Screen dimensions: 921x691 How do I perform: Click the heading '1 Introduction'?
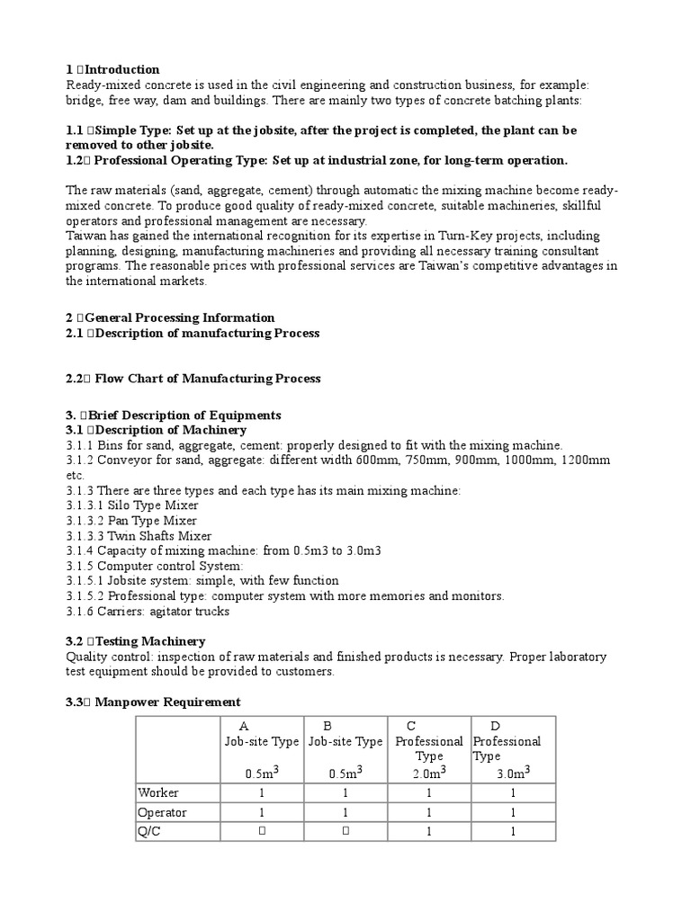coord(112,69)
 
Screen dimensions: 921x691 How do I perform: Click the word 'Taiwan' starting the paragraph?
coord(86,237)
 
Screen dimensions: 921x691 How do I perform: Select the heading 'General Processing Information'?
coord(170,317)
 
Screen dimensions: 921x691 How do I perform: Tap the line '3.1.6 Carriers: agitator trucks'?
coord(148,612)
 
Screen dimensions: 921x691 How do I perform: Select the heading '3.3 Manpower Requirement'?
coord(153,702)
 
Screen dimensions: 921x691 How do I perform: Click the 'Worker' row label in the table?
coord(157,792)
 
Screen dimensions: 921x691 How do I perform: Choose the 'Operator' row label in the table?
coord(162,812)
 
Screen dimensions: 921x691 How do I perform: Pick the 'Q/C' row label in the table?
coord(148,832)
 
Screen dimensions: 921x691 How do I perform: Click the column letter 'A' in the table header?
coord(244,726)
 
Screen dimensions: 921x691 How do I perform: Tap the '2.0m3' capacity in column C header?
coord(429,772)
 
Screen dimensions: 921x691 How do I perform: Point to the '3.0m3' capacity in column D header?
coord(513,772)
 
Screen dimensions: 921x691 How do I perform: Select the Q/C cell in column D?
coord(513,832)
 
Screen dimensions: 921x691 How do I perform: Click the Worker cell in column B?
coord(345,792)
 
